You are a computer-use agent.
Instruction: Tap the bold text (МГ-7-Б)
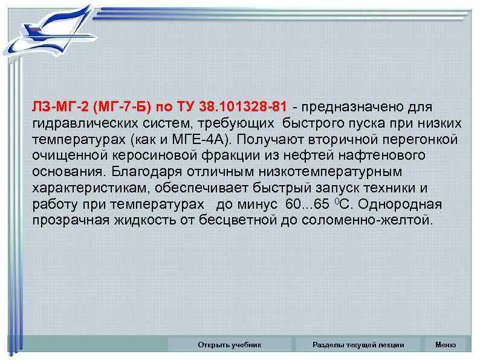pos(121,107)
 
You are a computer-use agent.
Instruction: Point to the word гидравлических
pos(78,123)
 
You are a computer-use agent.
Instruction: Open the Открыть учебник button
pos(229,345)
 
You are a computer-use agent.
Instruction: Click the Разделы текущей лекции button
pos(358,345)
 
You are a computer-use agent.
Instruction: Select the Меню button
pos(446,345)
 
